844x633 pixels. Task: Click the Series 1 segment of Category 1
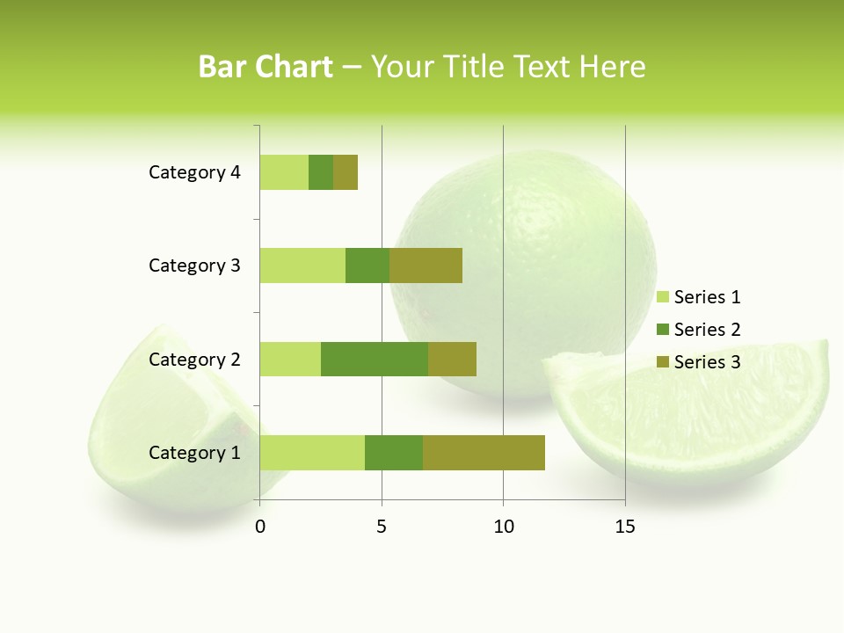click(x=312, y=453)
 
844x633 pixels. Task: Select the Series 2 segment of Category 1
click(x=394, y=453)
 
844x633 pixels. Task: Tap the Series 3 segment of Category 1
click(x=484, y=453)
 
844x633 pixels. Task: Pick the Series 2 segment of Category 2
click(x=375, y=359)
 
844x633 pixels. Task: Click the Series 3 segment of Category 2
click(x=452, y=359)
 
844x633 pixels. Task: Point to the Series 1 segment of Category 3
click(x=302, y=266)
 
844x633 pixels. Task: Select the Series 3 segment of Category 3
click(x=426, y=266)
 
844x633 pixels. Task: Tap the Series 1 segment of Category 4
click(x=284, y=172)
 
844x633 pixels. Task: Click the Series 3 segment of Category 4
click(x=346, y=172)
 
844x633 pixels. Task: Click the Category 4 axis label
click(x=194, y=172)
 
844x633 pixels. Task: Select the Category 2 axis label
click(x=194, y=359)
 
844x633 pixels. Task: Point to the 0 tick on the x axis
click(x=260, y=527)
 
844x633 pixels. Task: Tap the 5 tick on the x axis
click(x=382, y=527)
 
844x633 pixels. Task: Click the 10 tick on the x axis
click(x=503, y=527)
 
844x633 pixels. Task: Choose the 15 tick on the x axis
click(x=625, y=527)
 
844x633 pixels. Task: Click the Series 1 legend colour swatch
click(x=662, y=297)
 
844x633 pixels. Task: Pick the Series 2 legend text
click(x=707, y=330)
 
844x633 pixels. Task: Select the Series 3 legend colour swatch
click(x=662, y=362)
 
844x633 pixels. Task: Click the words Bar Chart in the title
click(x=266, y=67)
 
